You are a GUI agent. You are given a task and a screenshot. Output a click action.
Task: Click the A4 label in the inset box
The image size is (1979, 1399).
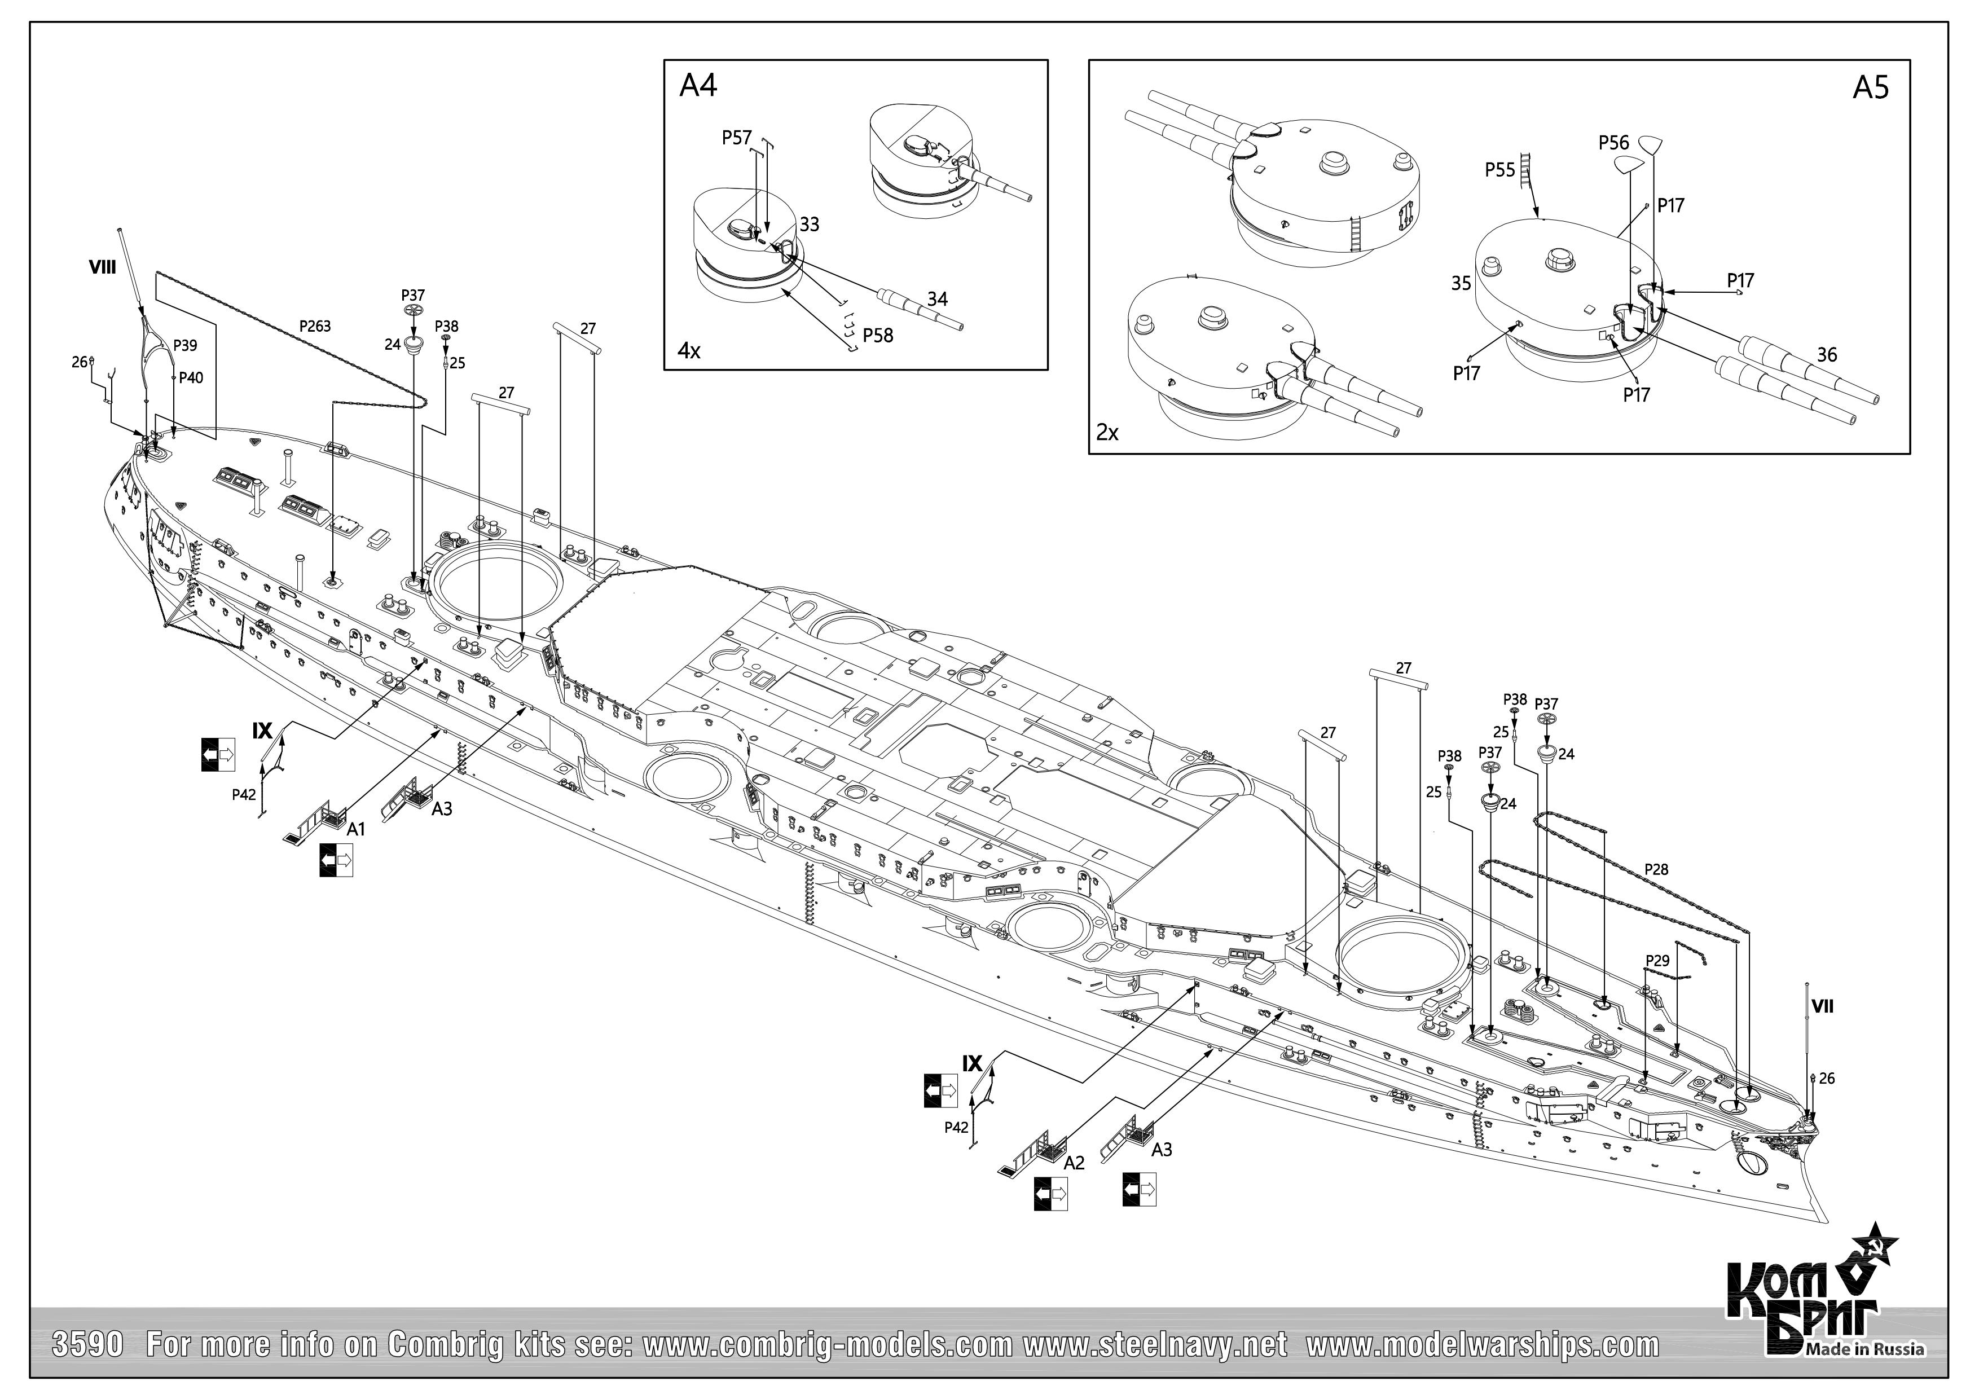pos(698,86)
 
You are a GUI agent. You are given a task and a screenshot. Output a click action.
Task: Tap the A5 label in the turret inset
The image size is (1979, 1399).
pos(1870,88)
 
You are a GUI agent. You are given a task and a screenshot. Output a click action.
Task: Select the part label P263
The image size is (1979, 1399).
pos(315,327)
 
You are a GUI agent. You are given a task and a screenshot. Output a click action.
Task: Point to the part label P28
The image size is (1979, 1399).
pos(1656,870)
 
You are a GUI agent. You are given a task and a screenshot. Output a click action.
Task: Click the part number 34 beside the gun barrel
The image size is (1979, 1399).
pos(937,299)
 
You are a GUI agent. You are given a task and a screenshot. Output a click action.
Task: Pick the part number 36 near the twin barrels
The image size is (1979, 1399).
pos(1827,354)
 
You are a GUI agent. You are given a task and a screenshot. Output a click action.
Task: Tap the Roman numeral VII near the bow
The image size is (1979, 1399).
pos(1822,1006)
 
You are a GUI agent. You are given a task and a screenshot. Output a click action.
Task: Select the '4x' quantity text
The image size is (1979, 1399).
pos(689,351)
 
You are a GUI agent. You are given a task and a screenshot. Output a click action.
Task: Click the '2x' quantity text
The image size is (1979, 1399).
pos(1107,433)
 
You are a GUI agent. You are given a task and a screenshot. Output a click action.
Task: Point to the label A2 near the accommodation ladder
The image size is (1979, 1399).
pos(1074,1163)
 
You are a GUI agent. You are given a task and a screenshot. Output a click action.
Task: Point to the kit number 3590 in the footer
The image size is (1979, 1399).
pos(89,1345)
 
